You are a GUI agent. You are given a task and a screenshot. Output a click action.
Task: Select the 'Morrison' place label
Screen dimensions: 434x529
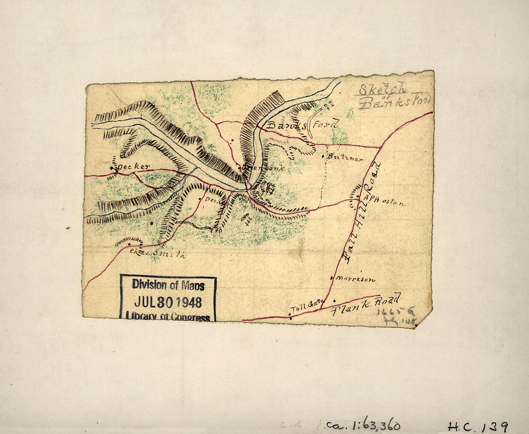355,279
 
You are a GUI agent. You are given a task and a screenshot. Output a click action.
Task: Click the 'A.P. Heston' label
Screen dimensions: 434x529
385,202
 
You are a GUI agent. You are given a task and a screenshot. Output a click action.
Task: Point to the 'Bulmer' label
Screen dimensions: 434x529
345,158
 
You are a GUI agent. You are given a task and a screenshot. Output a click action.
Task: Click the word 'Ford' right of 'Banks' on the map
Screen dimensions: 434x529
327,124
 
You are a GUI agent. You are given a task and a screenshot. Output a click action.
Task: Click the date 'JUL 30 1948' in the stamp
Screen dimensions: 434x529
168,302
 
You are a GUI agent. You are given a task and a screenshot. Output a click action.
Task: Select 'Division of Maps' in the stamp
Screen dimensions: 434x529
168,285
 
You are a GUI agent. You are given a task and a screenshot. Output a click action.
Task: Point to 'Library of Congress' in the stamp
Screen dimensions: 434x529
168,317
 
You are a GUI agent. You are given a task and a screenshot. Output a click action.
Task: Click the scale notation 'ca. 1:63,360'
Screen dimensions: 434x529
363,425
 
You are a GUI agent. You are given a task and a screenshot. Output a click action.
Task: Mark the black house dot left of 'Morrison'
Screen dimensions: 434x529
332,278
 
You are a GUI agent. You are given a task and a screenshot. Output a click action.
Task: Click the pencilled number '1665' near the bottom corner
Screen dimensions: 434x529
389,311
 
